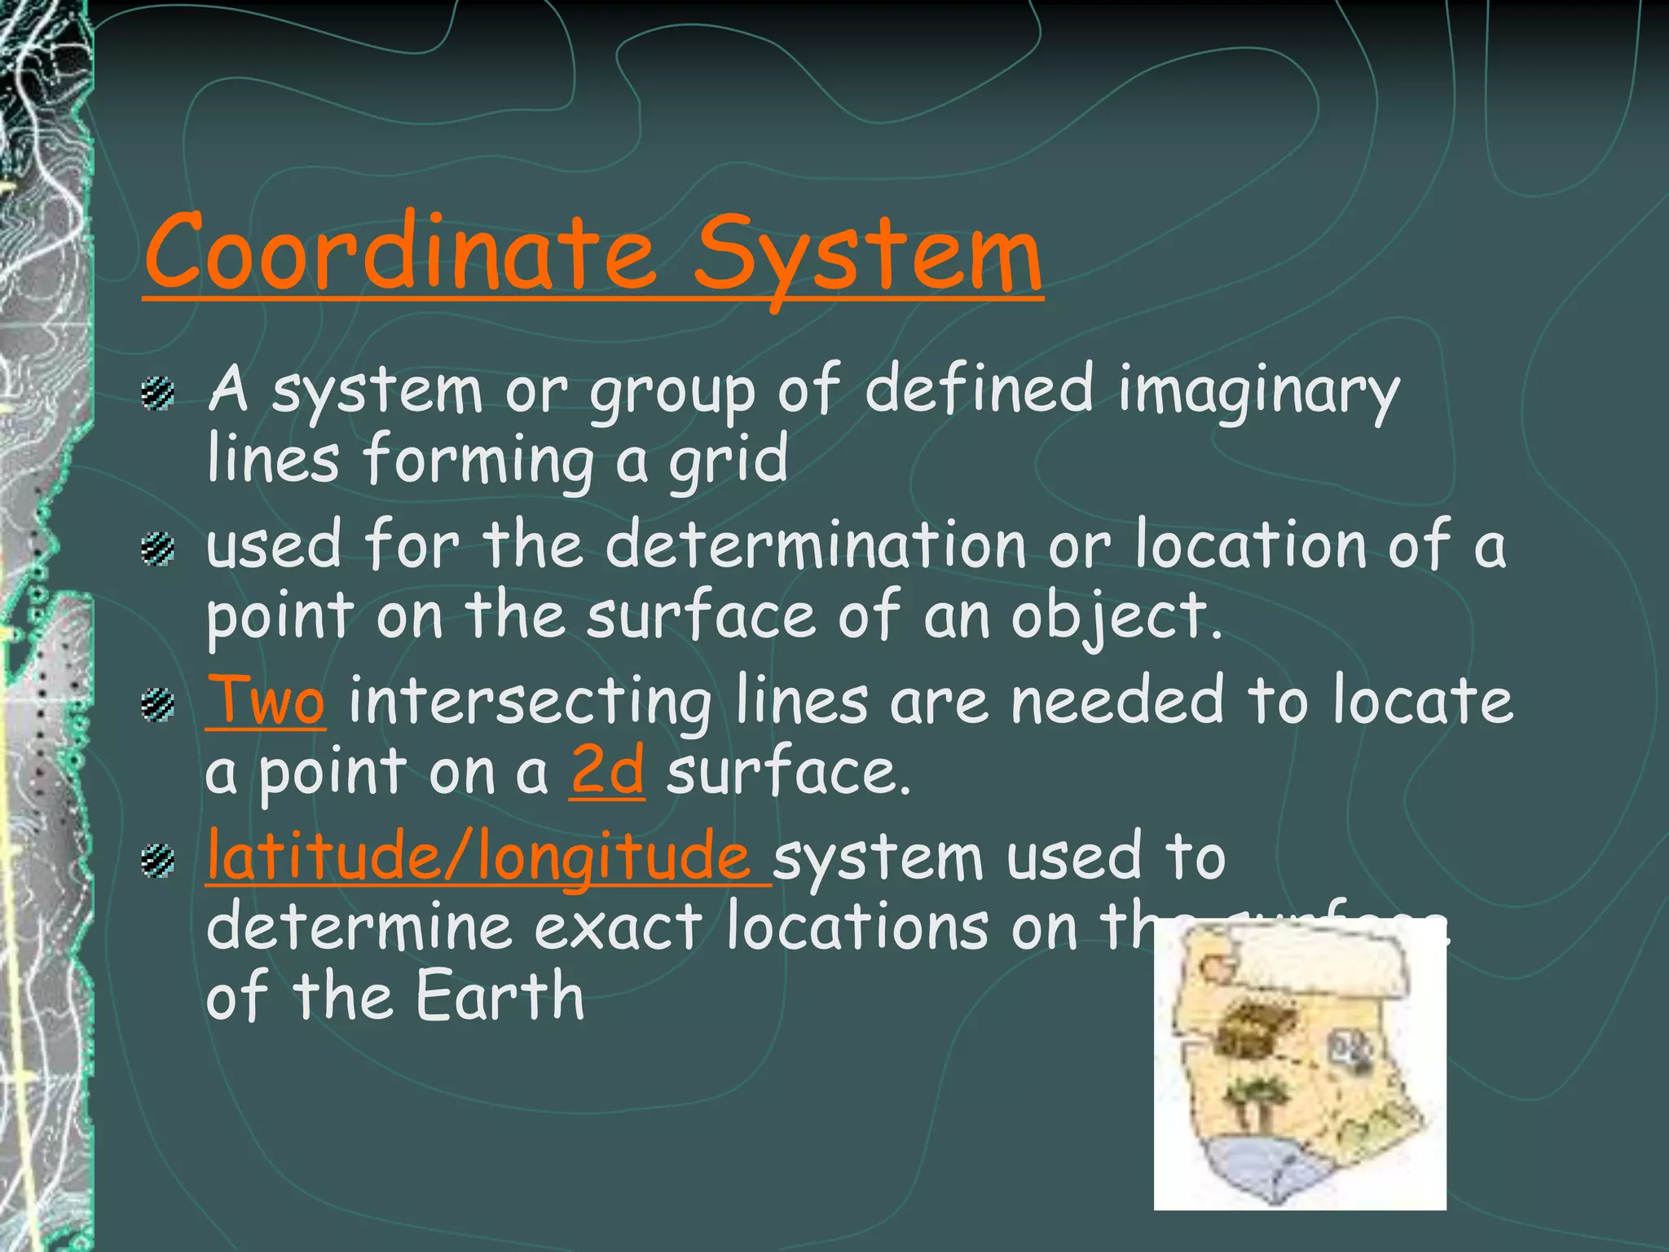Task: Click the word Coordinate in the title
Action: tap(399, 253)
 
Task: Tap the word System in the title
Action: tap(867, 257)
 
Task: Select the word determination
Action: tap(816, 545)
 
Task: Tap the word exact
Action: tap(618, 928)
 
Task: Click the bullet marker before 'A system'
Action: tap(158, 395)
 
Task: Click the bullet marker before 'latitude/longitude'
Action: tap(158, 861)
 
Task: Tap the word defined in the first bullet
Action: tap(978, 389)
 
